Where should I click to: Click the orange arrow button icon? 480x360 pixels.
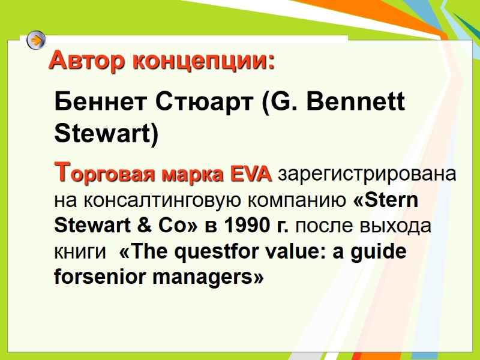37,41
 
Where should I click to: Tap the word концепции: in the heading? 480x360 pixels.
203,61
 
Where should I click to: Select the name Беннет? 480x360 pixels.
96,103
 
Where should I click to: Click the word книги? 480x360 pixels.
76,251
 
